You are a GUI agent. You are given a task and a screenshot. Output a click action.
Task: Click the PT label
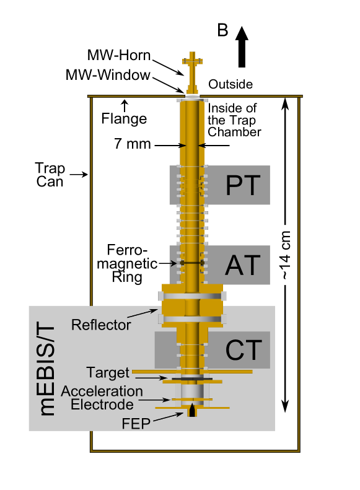pyautogui.click(x=242, y=185)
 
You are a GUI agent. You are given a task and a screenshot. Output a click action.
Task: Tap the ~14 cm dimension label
pyautogui.click(x=285, y=255)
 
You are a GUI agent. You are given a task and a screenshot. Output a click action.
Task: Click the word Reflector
pyautogui.click(x=101, y=325)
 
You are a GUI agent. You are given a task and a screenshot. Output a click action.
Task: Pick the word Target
pyautogui.click(x=108, y=373)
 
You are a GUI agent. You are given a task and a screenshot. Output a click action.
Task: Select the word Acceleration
pyautogui.click(x=102, y=392)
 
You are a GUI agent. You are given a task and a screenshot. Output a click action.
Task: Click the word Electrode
pyautogui.click(x=102, y=405)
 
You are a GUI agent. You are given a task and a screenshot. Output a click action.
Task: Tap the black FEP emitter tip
pyautogui.click(x=192, y=410)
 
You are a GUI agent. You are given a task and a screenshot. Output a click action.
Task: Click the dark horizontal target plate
pyautogui.click(x=192, y=378)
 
